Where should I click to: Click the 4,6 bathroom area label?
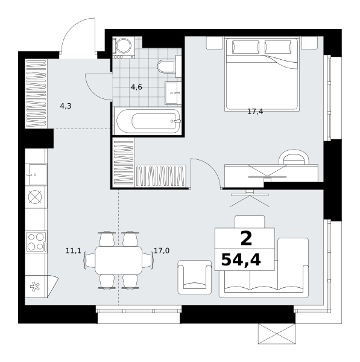tap(136, 87)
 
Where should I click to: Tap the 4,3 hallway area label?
tap(66, 106)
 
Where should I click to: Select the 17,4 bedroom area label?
tap(255, 112)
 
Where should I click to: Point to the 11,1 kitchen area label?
tap(74, 250)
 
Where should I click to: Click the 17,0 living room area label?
tap(162, 250)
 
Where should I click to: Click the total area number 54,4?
tap(241, 260)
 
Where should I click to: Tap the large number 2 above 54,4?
tap(246, 239)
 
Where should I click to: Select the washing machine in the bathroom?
tap(124, 48)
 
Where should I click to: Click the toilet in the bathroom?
tap(169, 66)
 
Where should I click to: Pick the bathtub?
tap(148, 121)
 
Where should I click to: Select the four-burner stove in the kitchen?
tap(36, 242)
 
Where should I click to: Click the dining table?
tap(119, 260)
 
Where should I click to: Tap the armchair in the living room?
tap(195, 277)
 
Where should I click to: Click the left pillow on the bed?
tap(245, 47)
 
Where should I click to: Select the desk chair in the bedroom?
tap(294, 157)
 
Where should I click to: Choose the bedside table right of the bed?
tap(309, 43)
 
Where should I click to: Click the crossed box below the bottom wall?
tap(277, 334)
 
